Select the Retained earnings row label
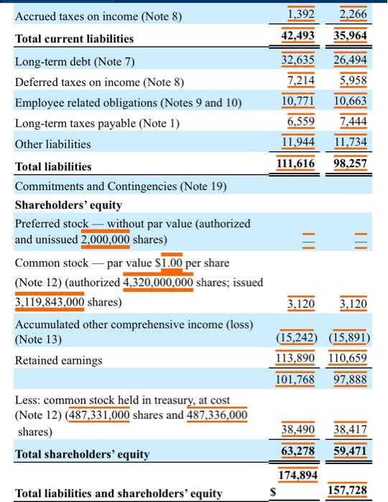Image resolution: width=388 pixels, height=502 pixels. tap(57, 360)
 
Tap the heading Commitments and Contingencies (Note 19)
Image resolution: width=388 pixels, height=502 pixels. tap(121, 187)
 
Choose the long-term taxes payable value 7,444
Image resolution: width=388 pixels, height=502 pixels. tap(353, 123)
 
